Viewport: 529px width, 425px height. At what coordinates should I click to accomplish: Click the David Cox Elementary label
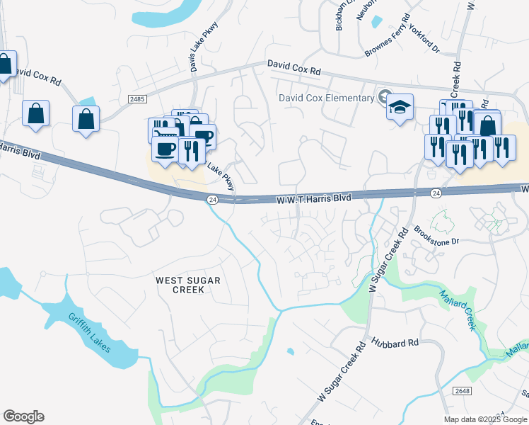click(325, 98)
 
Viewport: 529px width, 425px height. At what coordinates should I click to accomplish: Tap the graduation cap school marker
click(400, 108)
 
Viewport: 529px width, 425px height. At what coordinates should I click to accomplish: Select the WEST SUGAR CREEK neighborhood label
click(188, 285)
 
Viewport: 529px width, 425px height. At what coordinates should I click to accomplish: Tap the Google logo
click(23, 416)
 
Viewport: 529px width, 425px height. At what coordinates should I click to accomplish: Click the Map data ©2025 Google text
click(486, 419)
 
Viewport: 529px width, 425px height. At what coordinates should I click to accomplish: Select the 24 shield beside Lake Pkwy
click(212, 200)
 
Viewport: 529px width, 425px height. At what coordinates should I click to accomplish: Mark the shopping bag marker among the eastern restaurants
click(487, 126)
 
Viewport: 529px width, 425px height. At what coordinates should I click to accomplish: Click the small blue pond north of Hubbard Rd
click(290, 351)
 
